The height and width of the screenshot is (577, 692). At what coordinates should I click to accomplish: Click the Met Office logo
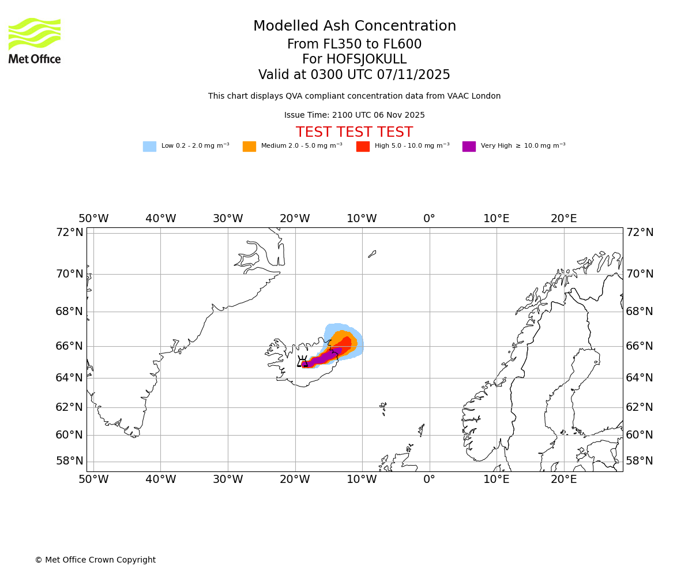(x=35, y=40)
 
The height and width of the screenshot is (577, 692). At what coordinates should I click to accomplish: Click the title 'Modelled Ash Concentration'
(x=354, y=27)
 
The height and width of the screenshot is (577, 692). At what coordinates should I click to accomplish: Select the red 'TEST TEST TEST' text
(x=354, y=133)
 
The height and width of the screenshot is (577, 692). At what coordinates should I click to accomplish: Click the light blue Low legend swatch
(x=149, y=147)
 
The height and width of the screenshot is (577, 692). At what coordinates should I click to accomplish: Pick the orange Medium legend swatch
(x=249, y=147)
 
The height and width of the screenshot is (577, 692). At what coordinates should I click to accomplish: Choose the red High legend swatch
(x=363, y=147)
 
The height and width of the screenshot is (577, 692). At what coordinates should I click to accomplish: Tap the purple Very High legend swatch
(x=469, y=147)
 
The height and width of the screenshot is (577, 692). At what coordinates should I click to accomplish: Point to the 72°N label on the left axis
(x=69, y=233)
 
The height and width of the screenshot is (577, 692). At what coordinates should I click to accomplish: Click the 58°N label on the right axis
(x=640, y=461)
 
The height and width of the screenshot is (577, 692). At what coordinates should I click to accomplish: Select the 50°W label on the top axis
(x=93, y=219)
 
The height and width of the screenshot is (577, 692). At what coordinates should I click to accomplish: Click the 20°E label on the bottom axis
(x=563, y=479)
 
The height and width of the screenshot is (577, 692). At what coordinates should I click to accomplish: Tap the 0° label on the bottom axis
(x=429, y=479)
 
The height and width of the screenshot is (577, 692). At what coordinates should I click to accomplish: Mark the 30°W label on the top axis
(x=228, y=219)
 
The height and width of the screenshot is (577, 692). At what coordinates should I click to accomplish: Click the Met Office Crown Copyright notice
(x=95, y=560)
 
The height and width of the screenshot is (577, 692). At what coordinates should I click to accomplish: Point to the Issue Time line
(x=354, y=115)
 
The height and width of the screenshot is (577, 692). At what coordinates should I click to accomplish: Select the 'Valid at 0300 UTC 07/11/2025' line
(x=354, y=75)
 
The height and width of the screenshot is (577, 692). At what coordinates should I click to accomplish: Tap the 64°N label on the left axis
(x=69, y=378)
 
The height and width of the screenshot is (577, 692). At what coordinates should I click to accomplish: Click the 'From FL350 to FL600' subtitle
(x=354, y=44)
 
